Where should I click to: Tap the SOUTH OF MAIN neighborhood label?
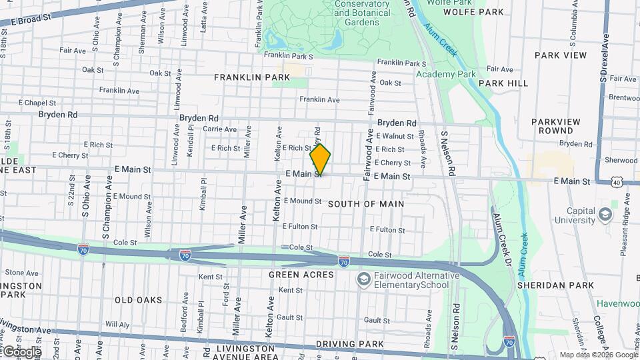pos(366,203)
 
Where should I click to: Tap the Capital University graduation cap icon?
pos(605,215)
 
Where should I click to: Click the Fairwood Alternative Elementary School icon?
pos(364,278)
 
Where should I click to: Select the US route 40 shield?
pos(617,181)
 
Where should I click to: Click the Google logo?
pos(21,351)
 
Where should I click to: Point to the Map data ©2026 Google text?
pos(598,355)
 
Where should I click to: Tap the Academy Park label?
pos(446,74)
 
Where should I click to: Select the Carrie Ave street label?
pos(219,129)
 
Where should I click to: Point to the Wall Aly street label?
pos(116,325)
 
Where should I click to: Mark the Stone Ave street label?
pos(22,273)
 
